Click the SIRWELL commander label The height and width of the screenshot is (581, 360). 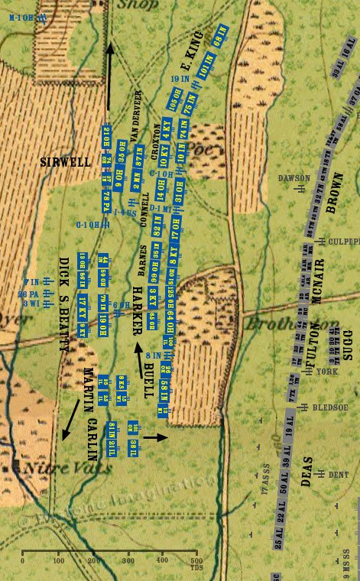66,162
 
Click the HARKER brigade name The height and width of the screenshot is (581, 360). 138,310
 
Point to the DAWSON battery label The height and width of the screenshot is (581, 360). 294,178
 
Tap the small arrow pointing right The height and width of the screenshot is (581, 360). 155,437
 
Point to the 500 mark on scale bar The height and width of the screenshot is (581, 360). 197,560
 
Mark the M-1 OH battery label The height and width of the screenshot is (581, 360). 23,17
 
